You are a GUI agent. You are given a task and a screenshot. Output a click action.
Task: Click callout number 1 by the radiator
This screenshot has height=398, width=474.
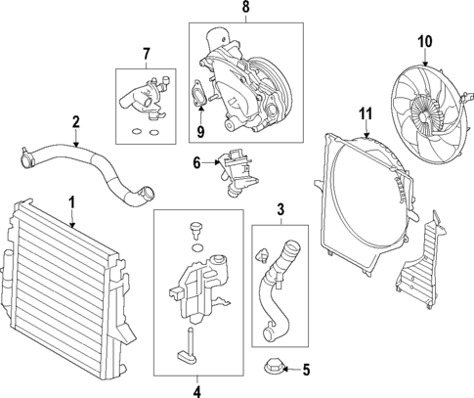tap(71, 203)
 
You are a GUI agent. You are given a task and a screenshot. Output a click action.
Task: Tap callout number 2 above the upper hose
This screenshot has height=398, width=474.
tap(75, 122)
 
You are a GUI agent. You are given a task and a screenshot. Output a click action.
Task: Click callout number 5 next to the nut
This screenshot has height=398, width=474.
tap(306, 370)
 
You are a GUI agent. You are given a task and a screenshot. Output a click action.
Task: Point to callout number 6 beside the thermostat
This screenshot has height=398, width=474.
tap(196, 161)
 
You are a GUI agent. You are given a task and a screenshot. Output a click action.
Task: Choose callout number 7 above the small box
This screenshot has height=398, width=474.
tap(146, 52)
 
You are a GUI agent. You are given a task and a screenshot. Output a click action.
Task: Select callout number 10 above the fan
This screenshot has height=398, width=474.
tap(424, 41)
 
